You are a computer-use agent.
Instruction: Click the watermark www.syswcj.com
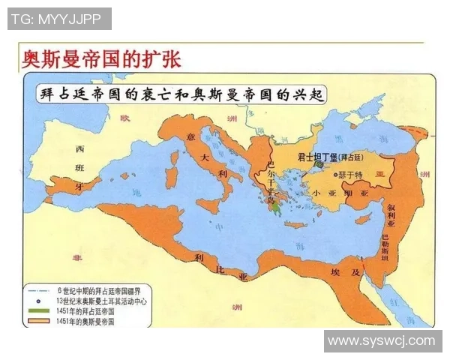click(x=382, y=341)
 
